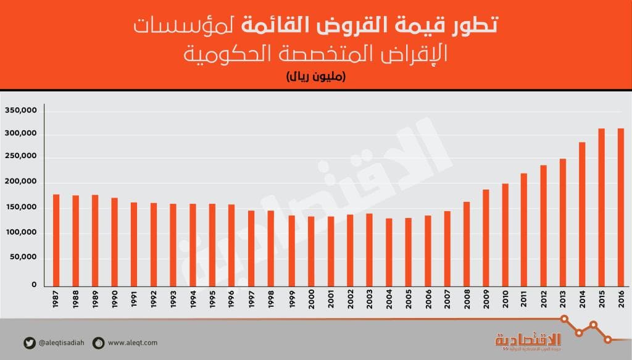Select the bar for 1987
56,240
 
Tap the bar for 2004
389,252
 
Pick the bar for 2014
581,214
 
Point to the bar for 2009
486,237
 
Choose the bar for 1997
251,248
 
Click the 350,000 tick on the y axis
22,111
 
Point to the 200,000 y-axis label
22,183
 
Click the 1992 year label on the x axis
154,300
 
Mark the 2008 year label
466,300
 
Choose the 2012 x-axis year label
543,300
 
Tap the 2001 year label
330,300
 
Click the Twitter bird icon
29,342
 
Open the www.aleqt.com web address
132,343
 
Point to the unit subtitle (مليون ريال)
315,77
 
